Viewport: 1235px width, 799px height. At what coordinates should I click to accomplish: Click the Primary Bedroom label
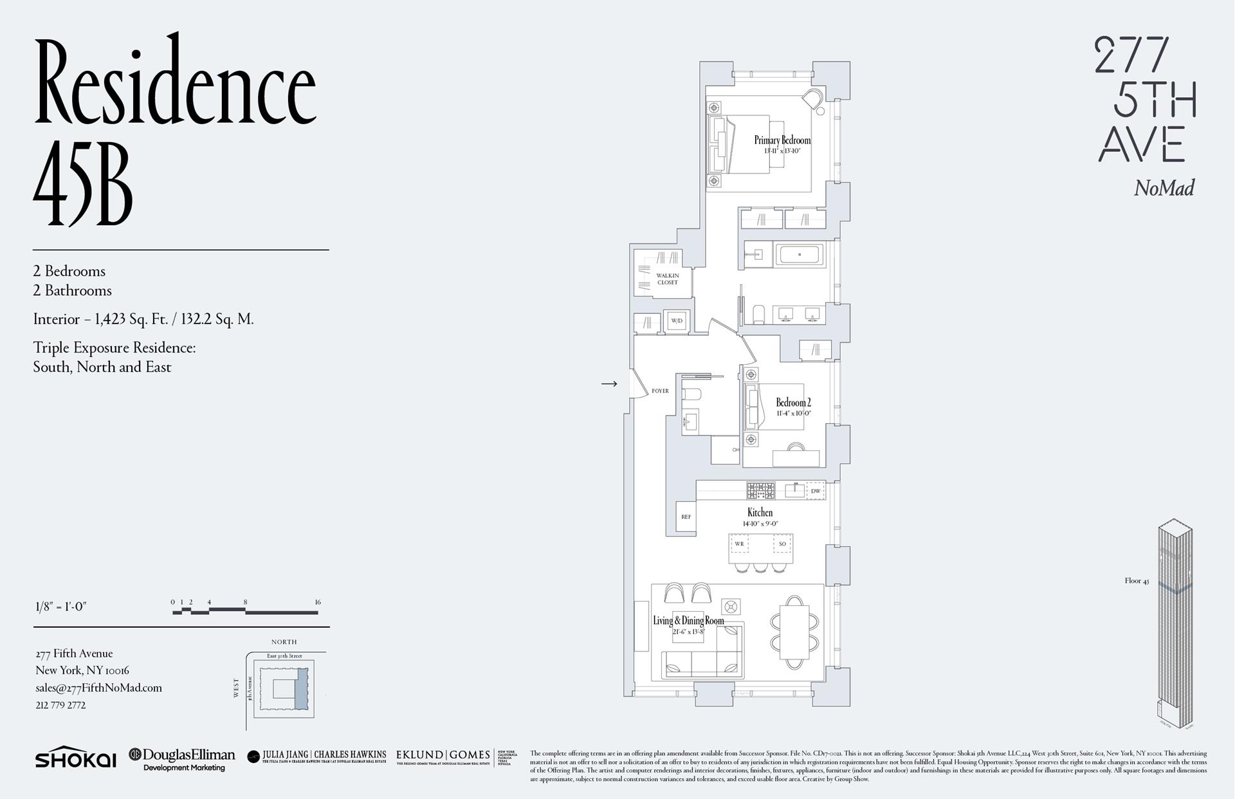[782, 140]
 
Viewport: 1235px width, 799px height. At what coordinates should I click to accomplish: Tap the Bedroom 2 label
[793, 403]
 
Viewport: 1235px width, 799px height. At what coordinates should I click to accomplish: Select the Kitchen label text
[760, 513]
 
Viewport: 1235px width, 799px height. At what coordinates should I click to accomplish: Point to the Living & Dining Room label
[688, 621]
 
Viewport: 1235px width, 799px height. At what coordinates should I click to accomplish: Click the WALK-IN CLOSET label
[668, 279]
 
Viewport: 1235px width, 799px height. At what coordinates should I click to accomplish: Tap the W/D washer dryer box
[677, 320]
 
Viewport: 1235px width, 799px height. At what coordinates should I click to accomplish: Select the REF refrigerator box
[686, 517]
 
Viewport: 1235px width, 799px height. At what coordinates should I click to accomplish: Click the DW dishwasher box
[816, 491]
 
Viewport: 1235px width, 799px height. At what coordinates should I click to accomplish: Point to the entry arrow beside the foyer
[609, 384]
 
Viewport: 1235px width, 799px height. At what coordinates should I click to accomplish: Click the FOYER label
[660, 391]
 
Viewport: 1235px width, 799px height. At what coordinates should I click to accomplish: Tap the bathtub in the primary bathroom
[800, 255]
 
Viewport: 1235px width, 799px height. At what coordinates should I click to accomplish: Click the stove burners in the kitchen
[760, 491]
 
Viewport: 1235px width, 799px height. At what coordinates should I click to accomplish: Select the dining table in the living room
[795, 632]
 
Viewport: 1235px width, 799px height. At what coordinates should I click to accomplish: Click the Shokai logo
[75, 758]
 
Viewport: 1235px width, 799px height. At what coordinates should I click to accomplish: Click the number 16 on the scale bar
[318, 602]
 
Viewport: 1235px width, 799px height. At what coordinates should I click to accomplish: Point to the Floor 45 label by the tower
[1137, 581]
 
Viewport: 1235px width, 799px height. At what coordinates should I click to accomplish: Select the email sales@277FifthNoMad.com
[98, 688]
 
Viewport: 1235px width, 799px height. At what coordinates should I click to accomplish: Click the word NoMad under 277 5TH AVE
[1164, 188]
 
